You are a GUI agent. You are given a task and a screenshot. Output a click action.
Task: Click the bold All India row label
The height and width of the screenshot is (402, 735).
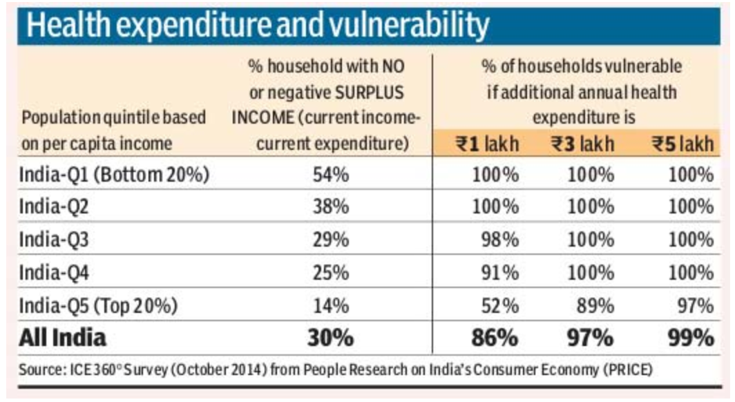pyautogui.click(x=63, y=338)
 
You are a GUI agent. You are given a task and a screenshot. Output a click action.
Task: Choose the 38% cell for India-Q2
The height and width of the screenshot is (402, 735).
pyautogui.click(x=330, y=208)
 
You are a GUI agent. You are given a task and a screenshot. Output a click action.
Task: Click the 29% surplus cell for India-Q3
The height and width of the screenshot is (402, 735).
pyautogui.click(x=330, y=240)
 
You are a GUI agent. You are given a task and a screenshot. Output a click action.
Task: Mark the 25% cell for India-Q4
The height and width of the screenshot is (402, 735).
pyautogui.click(x=330, y=273)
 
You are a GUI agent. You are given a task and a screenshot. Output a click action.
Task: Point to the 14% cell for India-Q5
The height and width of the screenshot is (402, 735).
pyautogui.click(x=330, y=305)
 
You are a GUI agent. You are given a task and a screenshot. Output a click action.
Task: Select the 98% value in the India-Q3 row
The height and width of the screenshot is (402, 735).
pyautogui.click(x=499, y=240)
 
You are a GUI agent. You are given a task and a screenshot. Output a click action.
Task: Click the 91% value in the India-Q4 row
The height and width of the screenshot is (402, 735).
pyautogui.click(x=499, y=273)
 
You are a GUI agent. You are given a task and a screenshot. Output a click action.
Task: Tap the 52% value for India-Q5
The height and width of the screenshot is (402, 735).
pyautogui.click(x=499, y=305)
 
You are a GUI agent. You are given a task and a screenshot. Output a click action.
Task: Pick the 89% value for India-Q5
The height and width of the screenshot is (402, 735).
pyautogui.click(x=595, y=305)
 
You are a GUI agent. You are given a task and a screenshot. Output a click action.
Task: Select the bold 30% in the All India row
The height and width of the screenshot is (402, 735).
pyautogui.click(x=330, y=338)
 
